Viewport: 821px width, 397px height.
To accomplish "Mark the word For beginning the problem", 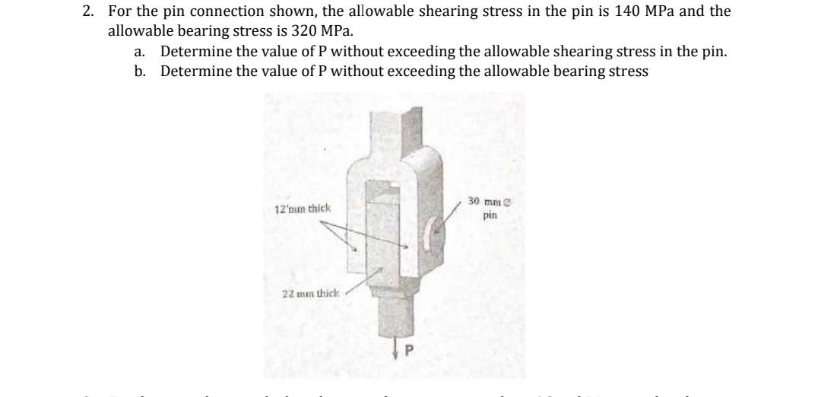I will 119,12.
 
